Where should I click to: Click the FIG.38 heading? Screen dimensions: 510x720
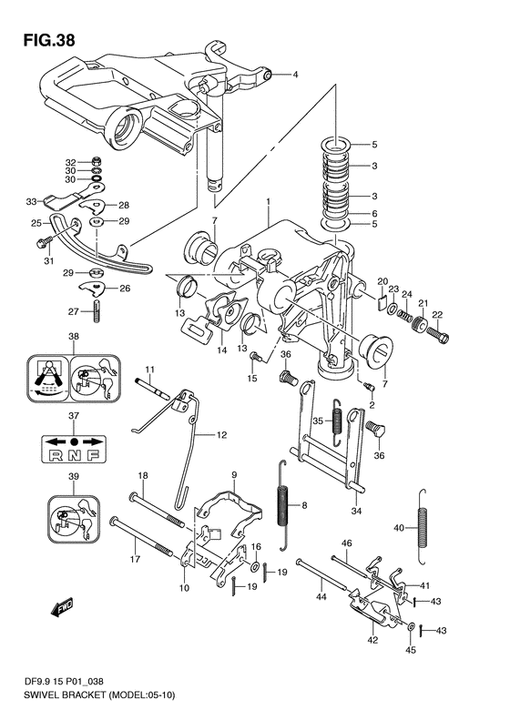49,40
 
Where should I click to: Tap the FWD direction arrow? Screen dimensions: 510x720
62,607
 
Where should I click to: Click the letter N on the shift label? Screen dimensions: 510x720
75,455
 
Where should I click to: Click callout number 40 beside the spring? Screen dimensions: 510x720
399,528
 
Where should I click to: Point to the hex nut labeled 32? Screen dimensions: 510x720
97,161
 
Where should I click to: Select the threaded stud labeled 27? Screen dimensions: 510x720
97,311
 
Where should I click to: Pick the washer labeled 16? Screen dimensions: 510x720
255,566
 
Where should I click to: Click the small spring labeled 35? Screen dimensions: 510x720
337,422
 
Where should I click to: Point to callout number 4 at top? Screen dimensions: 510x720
295,74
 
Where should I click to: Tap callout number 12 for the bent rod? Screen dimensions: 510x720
221,434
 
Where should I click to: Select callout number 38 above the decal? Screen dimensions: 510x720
74,336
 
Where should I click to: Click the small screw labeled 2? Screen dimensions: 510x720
369,387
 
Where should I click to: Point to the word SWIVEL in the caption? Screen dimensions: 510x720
38,708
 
